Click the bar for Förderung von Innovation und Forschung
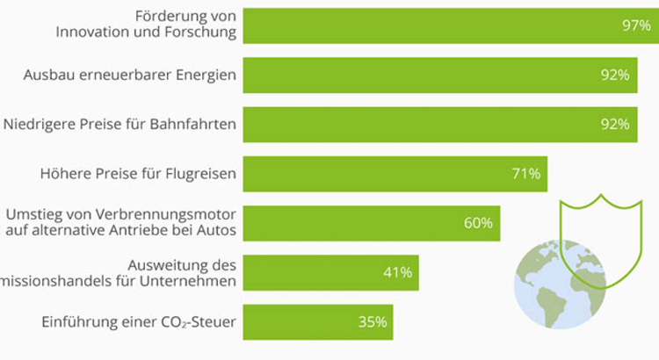click(439, 25)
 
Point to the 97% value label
click(634, 26)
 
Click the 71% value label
click(525, 174)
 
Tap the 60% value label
click(477, 223)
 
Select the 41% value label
click(397, 272)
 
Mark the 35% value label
click(373, 322)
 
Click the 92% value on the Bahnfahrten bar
click(615, 125)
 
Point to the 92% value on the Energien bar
click(615, 76)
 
